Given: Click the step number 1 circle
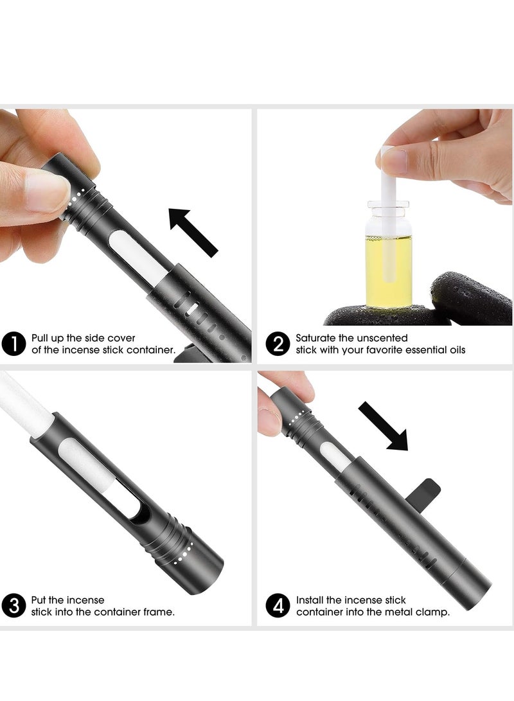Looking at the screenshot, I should tap(14, 344).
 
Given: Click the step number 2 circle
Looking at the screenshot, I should tap(278, 344).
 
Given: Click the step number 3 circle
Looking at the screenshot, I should tap(14, 605).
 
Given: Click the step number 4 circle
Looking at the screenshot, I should tap(278, 605).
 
